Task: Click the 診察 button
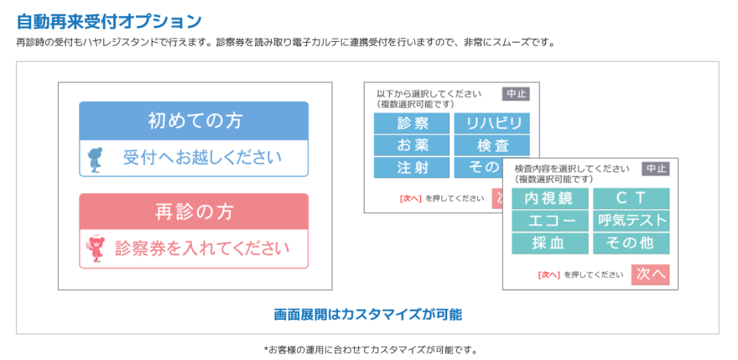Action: [x=412, y=123]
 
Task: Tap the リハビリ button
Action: [x=491, y=123]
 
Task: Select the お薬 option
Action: [x=412, y=145]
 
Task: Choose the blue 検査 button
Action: [x=491, y=145]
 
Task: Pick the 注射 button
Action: [x=412, y=168]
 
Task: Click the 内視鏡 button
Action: [x=550, y=198]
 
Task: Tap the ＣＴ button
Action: [x=631, y=198]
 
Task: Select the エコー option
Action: [x=550, y=221]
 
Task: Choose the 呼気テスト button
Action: [x=631, y=221]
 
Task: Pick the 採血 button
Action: [x=550, y=243]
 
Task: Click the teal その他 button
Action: [x=631, y=243]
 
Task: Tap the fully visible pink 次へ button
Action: [x=650, y=274]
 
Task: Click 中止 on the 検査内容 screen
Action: [x=656, y=169]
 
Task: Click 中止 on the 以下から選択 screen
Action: [x=517, y=94]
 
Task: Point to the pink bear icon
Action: [x=96, y=248]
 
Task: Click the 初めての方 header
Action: [x=194, y=121]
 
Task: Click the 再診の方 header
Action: [x=194, y=211]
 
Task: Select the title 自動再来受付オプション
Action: [x=109, y=21]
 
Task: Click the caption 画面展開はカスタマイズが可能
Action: [x=368, y=315]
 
